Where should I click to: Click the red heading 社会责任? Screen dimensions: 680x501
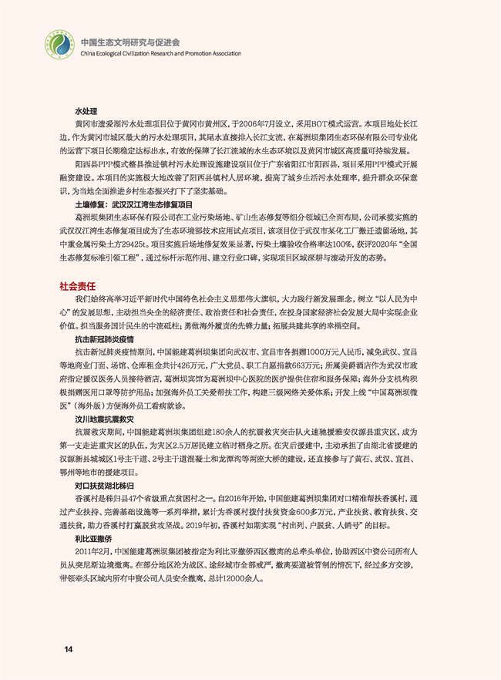tap(76, 284)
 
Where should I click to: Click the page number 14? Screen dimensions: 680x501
tap(69, 649)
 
